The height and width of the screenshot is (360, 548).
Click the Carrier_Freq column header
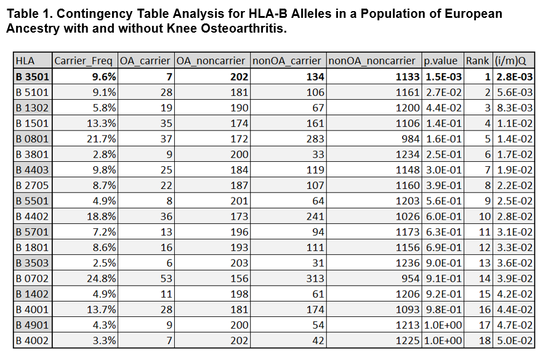(x=84, y=61)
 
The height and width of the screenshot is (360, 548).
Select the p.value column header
(x=441, y=61)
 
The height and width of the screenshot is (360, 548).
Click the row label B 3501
(x=32, y=77)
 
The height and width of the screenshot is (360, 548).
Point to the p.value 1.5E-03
(x=441, y=77)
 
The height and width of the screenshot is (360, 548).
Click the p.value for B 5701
(x=441, y=232)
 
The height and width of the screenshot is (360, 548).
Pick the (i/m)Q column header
(x=510, y=61)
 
